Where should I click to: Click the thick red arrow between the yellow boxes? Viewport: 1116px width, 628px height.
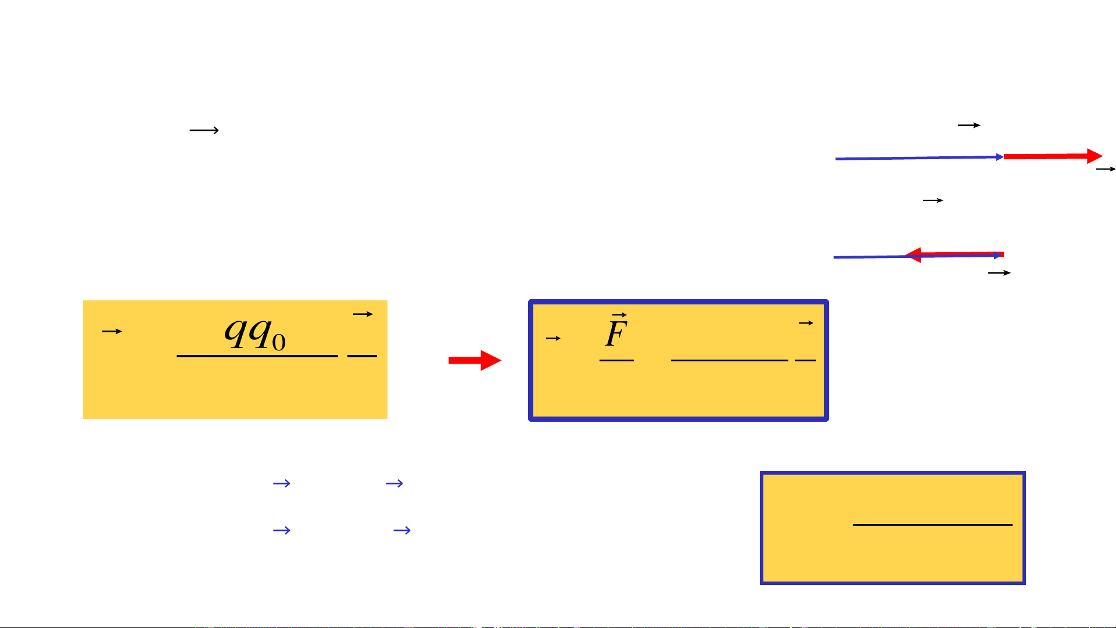click(x=474, y=360)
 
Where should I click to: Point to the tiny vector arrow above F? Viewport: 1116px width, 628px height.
click(x=619, y=315)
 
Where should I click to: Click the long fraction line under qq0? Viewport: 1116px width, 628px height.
click(x=257, y=356)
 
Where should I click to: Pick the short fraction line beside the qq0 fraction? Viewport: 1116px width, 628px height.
click(x=362, y=356)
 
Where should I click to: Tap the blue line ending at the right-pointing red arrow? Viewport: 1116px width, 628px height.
click(x=918, y=158)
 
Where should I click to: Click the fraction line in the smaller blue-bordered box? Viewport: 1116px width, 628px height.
click(x=932, y=525)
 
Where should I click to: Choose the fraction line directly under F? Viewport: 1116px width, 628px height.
click(x=616, y=360)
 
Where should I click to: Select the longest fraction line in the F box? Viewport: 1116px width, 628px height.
click(x=729, y=360)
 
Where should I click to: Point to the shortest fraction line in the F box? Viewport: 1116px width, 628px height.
click(x=805, y=360)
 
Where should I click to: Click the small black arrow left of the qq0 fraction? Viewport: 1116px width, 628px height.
click(x=112, y=331)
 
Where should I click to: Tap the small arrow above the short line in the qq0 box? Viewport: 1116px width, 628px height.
click(x=363, y=314)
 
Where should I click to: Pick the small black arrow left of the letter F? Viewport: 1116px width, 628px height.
click(x=553, y=338)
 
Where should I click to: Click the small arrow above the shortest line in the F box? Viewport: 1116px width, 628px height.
click(x=805, y=323)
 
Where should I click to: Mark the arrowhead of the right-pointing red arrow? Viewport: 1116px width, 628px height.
click(x=1095, y=156)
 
